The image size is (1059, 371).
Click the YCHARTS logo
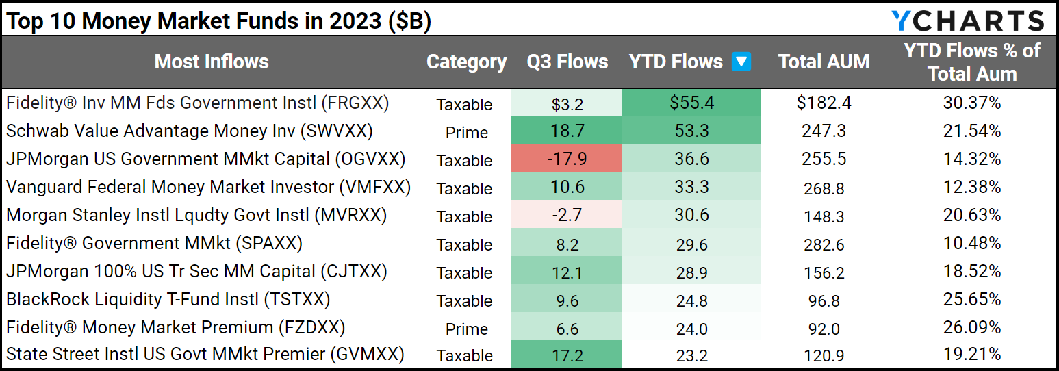tap(967, 21)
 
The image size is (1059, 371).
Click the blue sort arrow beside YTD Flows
tap(741, 62)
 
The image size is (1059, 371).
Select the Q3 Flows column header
tap(567, 62)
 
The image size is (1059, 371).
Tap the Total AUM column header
tap(824, 62)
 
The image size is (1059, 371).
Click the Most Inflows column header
tap(211, 62)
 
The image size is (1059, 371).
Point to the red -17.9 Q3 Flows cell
tap(567, 159)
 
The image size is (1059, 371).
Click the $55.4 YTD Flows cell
tap(691, 103)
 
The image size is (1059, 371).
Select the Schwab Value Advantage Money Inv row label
tap(190, 131)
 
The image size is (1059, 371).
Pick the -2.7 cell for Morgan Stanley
tap(567, 216)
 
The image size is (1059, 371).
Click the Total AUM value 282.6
tap(824, 244)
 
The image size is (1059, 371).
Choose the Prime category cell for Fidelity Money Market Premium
tap(466, 329)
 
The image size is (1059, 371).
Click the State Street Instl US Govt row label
tap(205, 355)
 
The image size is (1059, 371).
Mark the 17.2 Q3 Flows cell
tap(567, 356)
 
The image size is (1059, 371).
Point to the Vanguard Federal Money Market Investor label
tap(208, 188)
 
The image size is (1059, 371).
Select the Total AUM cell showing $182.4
tap(824, 103)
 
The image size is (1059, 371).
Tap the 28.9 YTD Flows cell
tap(691, 272)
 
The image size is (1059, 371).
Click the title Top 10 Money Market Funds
tap(219, 21)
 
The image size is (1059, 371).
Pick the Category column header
tap(466, 62)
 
